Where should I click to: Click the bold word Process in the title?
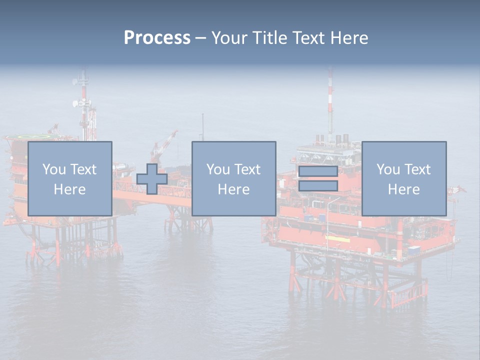pyautogui.click(x=157, y=38)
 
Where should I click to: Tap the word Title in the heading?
pyautogui.click(x=269, y=38)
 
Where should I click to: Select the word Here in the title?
pyautogui.click(x=348, y=38)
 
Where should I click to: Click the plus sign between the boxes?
pyautogui.click(x=152, y=179)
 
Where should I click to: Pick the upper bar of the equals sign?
pyautogui.click(x=318, y=171)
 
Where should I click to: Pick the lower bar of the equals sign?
pyautogui.click(x=318, y=186)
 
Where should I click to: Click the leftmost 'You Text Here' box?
pyautogui.click(x=70, y=178)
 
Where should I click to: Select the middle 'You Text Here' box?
pyautogui.click(x=234, y=178)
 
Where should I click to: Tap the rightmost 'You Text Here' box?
pyautogui.click(x=404, y=178)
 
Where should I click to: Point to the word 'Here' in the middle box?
pyautogui.click(x=234, y=189)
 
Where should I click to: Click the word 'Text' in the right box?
pyautogui.click(x=417, y=169)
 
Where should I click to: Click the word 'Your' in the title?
pyautogui.click(x=229, y=38)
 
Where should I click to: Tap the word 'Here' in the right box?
pyautogui.click(x=404, y=189)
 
